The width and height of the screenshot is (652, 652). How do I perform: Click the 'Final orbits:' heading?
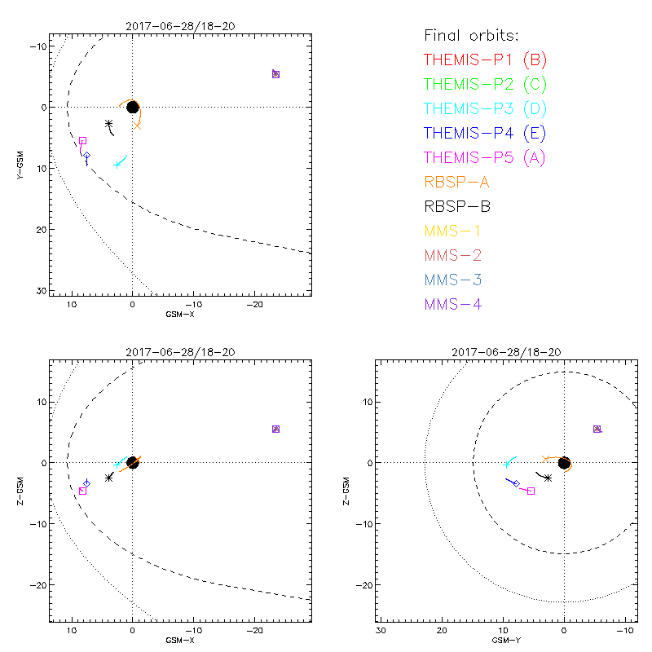tap(471, 36)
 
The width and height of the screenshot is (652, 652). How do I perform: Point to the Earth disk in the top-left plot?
tap(132, 107)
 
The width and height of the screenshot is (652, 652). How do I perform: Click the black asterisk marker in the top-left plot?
tap(108, 124)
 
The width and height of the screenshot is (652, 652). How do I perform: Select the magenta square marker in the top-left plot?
tap(82, 141)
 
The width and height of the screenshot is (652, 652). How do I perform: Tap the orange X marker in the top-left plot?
tap(138, 126)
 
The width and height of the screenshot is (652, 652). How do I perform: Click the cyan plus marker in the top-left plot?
tap(117, 165)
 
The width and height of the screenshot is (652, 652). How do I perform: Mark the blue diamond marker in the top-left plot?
tap(86, 155)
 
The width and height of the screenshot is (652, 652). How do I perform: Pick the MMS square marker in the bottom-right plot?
tap(597, 429)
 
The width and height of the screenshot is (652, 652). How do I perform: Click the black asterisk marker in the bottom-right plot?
tap(548, 478)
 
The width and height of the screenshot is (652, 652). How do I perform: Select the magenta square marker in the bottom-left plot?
tap(82, 491)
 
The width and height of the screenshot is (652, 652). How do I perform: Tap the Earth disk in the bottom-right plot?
tap(564, 463)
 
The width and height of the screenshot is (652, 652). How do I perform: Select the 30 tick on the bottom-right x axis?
tap(381, 630)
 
